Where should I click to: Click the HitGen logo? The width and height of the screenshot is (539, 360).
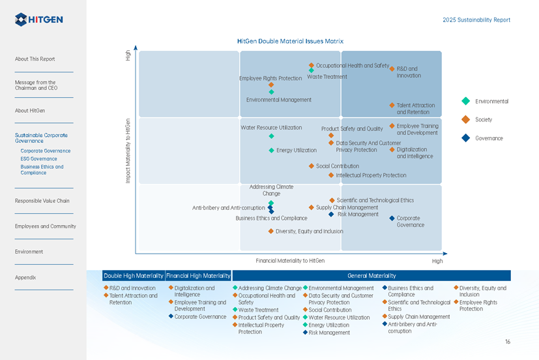click(39, 20)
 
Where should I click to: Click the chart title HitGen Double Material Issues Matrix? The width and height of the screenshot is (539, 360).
click(290, 41)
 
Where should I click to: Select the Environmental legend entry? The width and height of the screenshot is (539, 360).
click(465, 101)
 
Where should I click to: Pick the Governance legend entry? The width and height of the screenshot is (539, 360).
click(465, 138)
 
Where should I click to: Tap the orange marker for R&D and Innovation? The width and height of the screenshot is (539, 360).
click(392, 68)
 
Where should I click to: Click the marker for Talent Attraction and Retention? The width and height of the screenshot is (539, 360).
click(392, 105)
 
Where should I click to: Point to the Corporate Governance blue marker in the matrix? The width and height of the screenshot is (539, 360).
click(392, 218)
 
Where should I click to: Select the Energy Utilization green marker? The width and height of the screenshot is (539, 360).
click(271, 151)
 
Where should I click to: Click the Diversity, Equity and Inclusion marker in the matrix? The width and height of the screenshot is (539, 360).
click(270, 231)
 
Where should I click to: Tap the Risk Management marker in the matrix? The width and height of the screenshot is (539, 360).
click(331, 214)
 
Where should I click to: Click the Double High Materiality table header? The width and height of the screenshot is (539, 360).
click(132, 276)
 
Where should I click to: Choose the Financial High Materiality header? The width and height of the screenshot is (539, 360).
click(198, 276)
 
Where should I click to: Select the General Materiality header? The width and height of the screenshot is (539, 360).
click(371, 276)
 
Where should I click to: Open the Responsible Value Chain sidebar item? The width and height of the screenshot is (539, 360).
click(42, 201)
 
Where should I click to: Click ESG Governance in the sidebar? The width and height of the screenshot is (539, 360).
click(38, 158)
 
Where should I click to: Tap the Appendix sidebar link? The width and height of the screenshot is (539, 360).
click(25, 277)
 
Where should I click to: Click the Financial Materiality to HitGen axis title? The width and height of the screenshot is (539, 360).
click(290, 261)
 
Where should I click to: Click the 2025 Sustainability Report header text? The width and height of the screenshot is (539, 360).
click(476, 20)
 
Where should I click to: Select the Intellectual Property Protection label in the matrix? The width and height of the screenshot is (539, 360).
click(370, 175)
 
